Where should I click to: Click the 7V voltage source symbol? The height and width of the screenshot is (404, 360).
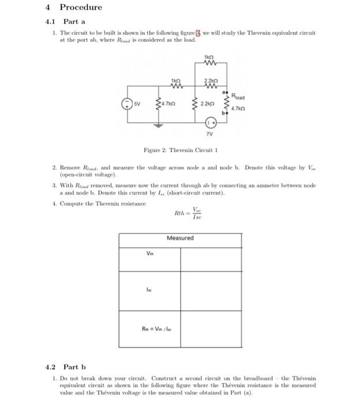coord(212,123)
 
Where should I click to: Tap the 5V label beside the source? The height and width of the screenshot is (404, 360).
coord(136,104)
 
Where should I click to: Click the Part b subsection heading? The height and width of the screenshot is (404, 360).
coord(74,366)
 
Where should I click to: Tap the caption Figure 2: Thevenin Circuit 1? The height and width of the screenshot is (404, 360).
coord(180,151)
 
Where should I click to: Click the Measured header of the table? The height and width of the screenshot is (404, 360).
coord(180,238)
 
